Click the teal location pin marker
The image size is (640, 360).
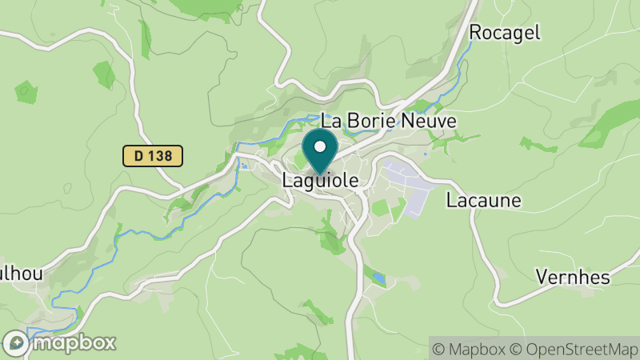coord(320,152)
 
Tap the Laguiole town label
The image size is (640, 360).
coord(320,182)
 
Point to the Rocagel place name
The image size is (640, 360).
coord(505,32)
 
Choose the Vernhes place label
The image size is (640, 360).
coord(572,278)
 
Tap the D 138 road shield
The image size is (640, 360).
coord(153,156)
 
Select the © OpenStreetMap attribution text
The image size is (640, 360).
coord(576,348)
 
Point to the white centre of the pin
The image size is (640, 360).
coord(320,146)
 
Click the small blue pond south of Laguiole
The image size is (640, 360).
coord(378,278)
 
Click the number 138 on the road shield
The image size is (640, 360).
coord(160,156)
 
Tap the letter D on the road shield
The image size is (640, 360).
coord(138,156)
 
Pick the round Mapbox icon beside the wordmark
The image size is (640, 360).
coord(15,343)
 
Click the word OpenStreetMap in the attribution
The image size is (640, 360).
coord(582,348)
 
